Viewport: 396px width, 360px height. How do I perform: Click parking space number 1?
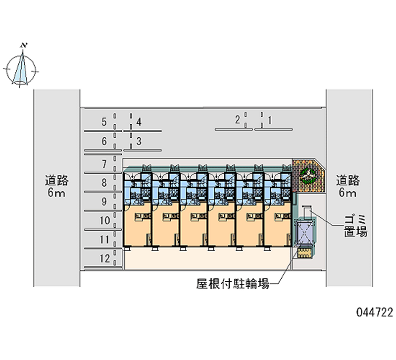(x=269, y=119)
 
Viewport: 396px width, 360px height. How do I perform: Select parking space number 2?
(x=238, y=119)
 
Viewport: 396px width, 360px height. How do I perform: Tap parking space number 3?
(x=139, y=141)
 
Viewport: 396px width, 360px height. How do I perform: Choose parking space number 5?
(x=104, y=121)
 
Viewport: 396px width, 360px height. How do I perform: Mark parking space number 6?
(x=104, y=142)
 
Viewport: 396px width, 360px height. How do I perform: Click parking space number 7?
(x=104, y=163)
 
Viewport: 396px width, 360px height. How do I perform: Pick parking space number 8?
(x=104, y=183)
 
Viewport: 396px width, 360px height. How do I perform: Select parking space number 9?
(x=104, y=202)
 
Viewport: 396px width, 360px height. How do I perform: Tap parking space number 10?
(x=104, y=220)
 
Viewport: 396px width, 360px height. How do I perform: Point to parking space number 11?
(x=104, y=240)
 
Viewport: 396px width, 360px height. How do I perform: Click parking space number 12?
(x=104, y=258)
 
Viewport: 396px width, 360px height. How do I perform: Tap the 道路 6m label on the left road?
(x=56, y=186)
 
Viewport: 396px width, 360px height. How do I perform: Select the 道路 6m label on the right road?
(x=348, y=186)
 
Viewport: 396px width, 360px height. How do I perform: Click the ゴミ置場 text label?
(x=355, y=225)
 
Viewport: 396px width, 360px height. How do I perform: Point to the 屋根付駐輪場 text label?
(x=233, y=284)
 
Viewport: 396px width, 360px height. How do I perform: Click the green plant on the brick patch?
(x=306, y=174)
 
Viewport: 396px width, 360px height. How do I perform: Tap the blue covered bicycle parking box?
(x=303, y=232)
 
